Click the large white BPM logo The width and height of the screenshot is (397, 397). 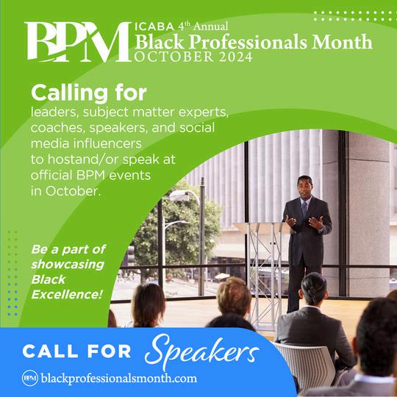pyautogui.click(x=78, y=42)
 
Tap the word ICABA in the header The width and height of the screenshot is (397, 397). pyautogui.click(x=154, y=26)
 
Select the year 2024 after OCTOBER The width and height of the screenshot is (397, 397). pyautogui.click(x=236, y=57)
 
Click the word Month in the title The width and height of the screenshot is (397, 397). pyautogui.click(x=342, y=41)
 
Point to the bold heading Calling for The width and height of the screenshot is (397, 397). pyautogui.click(x=89, y=93)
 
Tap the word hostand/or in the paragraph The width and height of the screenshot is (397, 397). pyautogui.click(x=83, y=160)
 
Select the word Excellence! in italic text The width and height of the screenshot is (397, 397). pyautogui.click(x=67, y=295)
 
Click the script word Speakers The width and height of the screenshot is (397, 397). pyautogui.click(x=201, y=351)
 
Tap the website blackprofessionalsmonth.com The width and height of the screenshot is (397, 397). pyautogui.click(x=119, y=379)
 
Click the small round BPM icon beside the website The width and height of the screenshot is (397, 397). pyautogui.click(x=30, y=379)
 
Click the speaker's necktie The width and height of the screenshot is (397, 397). pyautogui.click(x=304, y=209)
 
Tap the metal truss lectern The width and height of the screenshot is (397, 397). pyautogui.click(x=265, y=273)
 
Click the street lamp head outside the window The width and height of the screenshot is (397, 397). pyautogui.click(x=179, y=196)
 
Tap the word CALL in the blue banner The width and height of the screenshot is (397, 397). pyautogui.click(x=50, y=351)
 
